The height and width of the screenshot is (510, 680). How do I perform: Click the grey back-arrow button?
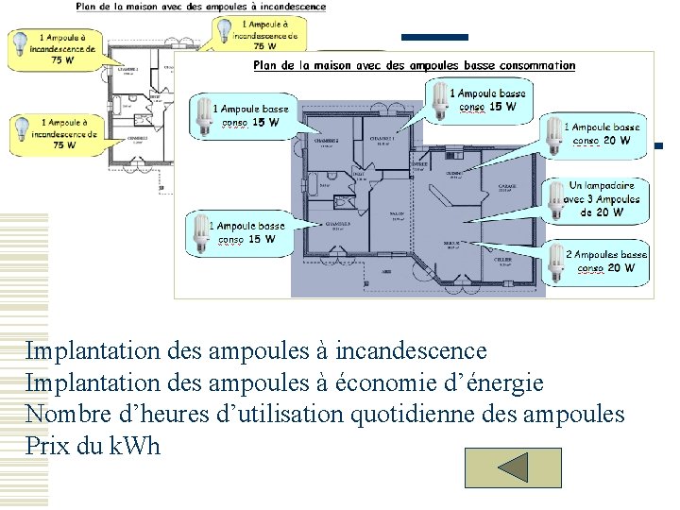point(513,468)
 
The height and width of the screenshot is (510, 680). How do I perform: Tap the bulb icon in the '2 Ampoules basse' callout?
point(556,256)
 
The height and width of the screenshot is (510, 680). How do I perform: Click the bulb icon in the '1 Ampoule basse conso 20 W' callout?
point(553,134)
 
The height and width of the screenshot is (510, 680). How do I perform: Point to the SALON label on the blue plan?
point(397,213)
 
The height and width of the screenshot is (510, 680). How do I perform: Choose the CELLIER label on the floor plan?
point(503,258)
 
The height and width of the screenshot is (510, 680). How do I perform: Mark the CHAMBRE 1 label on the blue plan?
point(384,139)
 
